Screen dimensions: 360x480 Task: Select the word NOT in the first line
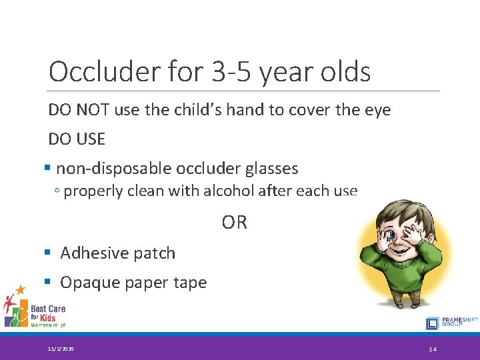point(91,110)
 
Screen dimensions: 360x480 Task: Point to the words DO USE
point(77,139)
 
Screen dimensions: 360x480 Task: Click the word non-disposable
point(117,169)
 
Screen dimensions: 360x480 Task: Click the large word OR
point(234,223)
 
